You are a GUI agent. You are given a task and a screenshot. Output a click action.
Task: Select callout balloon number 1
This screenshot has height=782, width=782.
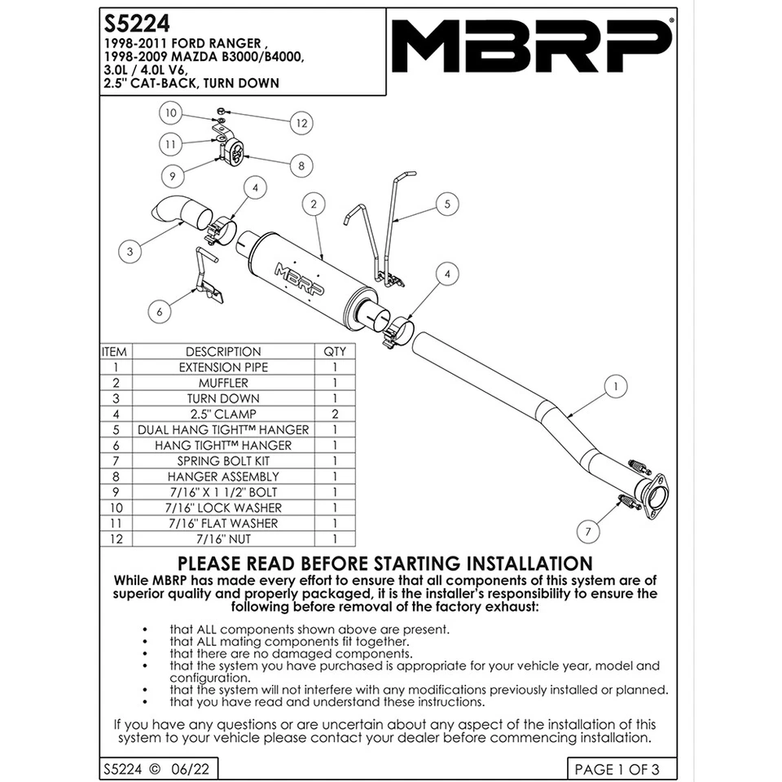[x=617, y=384]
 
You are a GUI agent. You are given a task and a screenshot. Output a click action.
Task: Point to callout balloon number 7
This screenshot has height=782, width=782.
[x=584, y=531]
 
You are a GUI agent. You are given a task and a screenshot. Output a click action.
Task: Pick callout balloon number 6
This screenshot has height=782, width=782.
[x=160, y=310]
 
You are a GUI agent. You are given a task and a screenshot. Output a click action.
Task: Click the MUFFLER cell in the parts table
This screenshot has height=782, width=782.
[x=223, y=383]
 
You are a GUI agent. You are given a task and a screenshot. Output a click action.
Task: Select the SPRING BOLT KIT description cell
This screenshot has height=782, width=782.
[x=223, y=461]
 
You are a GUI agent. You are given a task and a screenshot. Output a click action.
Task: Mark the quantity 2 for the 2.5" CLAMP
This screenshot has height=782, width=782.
[x=335, y=414]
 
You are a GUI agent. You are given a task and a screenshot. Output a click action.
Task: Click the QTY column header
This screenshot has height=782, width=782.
[x=335, y=352]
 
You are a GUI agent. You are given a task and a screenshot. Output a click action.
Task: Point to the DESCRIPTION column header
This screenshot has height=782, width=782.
[x=223, y=352]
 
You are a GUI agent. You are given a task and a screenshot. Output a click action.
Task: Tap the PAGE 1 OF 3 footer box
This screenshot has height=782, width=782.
[x=617, y=769]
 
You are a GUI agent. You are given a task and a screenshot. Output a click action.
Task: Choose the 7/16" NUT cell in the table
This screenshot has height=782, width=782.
[x=223, y=538]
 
